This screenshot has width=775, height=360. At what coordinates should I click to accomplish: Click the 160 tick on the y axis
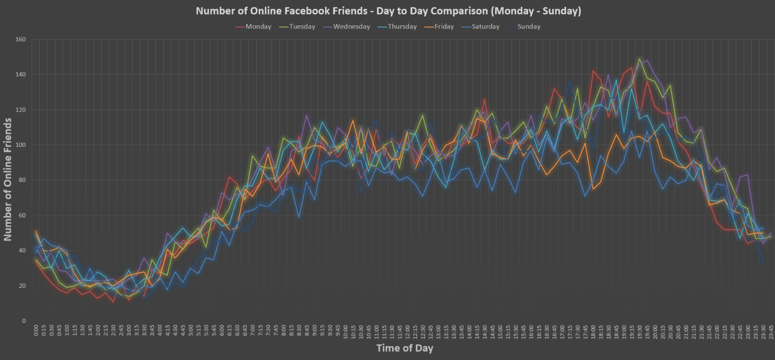click(x=21, y=40)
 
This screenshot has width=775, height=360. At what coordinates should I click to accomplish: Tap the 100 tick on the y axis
click(x=21, y=145)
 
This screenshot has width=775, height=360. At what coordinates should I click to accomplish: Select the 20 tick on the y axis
click(x=22, y=286)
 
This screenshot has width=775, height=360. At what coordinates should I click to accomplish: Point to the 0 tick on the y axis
click(x=24, y=321)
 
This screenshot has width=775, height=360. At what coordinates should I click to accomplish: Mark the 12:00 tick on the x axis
click(x=407, y=332)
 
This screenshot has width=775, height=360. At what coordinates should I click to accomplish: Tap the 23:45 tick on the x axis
click(x=771, y=332)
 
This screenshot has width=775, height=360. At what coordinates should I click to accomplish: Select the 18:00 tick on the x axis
click(x=593, y=332)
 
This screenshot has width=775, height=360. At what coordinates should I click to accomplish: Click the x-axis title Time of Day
click(x=404, y=348)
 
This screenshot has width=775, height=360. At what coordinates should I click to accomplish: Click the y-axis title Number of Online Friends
click(x=8, y=179)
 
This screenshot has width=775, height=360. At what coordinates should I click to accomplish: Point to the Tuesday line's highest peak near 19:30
click(x=639, y=59)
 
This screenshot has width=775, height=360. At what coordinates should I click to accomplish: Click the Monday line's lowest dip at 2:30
click(x=113, y=302)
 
